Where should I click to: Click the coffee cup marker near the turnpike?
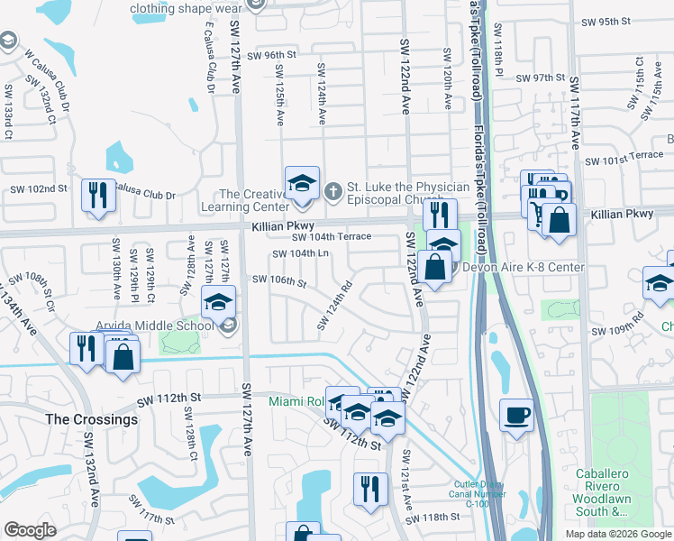pos(516,415)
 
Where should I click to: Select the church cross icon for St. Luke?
pos(332,190)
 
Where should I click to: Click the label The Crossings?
pos(92,419)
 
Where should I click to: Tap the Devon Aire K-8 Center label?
pos(524,268)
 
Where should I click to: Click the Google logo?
pos(30,530)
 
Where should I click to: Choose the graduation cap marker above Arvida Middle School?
pos(217,303)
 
